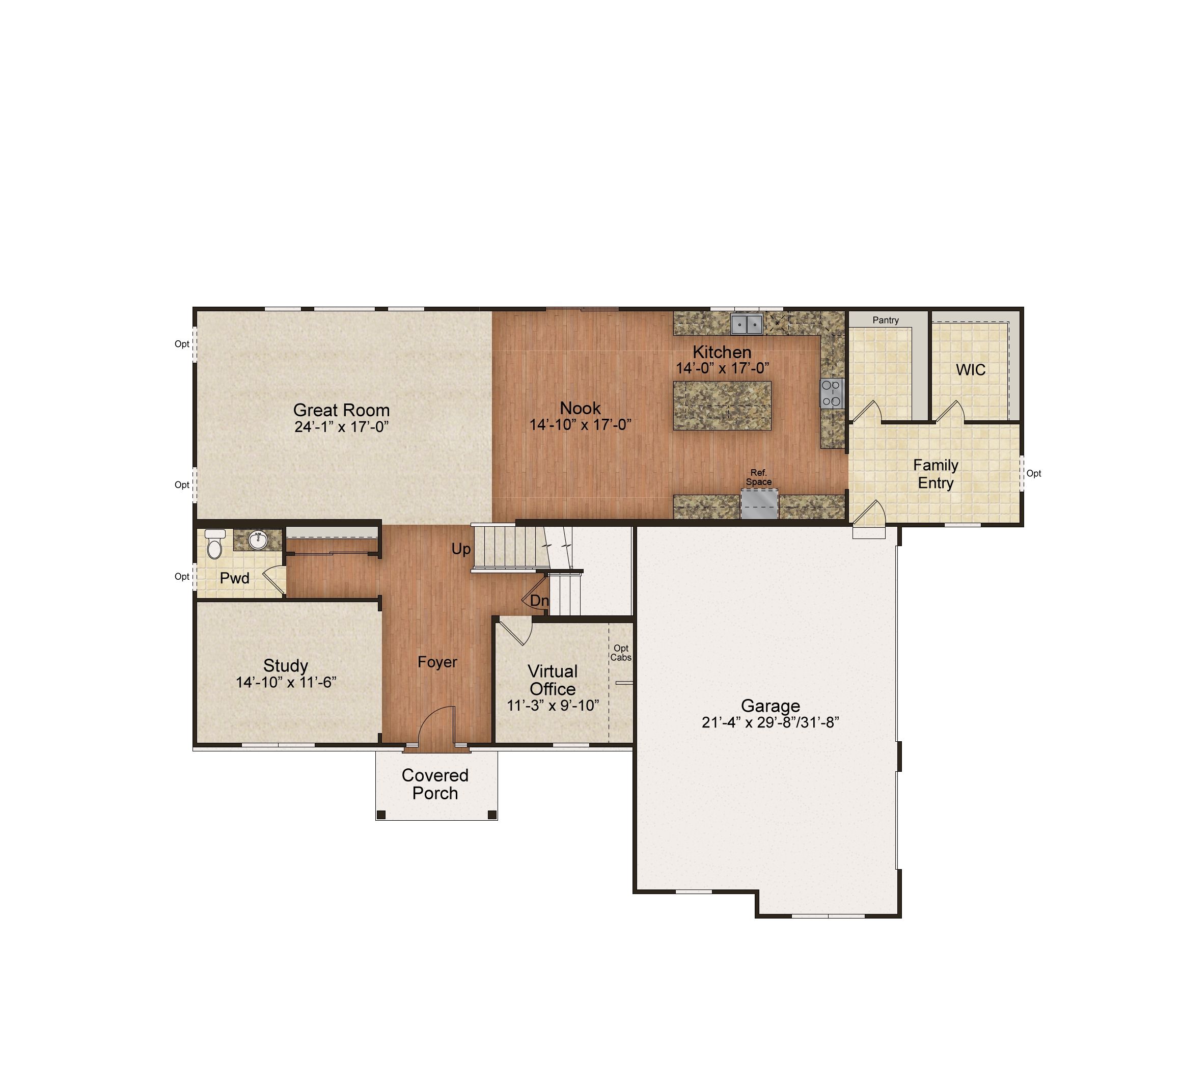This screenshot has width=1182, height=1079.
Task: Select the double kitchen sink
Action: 747,323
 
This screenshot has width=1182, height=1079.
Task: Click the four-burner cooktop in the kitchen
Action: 832,393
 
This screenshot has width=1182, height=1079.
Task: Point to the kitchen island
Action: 722,405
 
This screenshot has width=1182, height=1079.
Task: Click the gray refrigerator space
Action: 760,504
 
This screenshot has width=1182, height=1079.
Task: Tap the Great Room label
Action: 341,410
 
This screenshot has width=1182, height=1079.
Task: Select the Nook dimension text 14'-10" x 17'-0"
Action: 581,424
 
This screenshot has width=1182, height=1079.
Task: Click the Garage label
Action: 771,706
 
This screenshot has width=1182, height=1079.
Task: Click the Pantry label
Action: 885,320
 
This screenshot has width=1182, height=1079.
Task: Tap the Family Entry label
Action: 936,474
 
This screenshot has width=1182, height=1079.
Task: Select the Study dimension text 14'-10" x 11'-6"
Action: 286,683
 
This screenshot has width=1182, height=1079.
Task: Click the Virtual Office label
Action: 553,680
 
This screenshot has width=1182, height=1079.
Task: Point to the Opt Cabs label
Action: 621,653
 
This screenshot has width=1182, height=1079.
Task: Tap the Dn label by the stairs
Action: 539,601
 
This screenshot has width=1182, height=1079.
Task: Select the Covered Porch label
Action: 435,784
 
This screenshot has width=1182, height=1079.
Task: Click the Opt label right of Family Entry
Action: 1034,473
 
